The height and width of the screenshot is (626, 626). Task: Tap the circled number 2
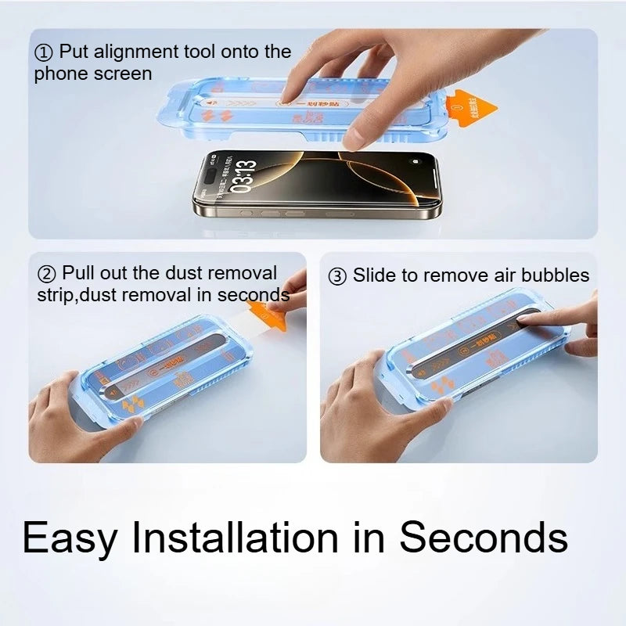[47, 275]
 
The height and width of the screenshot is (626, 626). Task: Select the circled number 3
[337, 276]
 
